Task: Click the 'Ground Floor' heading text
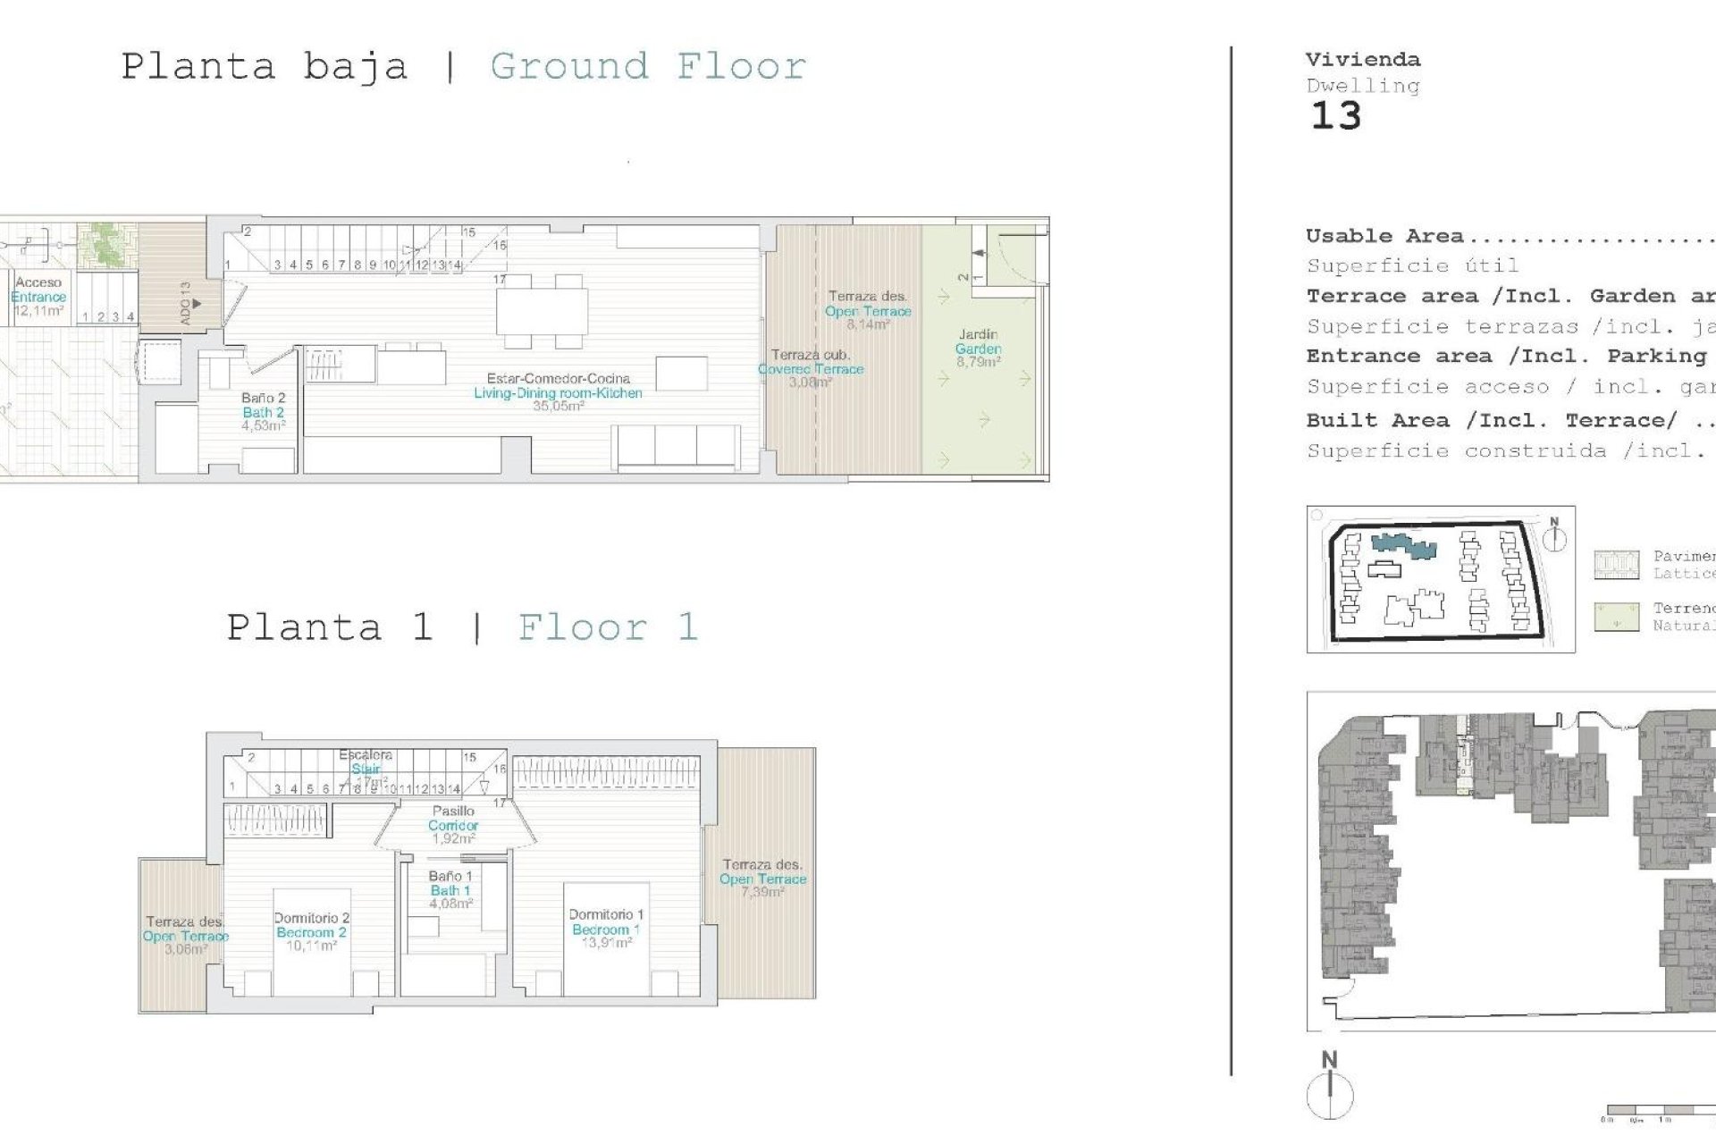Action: tap(648, 67)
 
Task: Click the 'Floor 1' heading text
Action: tap(608, 627)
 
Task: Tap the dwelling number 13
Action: tap(1335, 117)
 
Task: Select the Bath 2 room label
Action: tap(263, 412)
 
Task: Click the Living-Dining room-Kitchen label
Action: tap(558, 392)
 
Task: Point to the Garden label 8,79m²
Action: tap(978, 349)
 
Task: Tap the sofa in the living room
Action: tap(677, 446)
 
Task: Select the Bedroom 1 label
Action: tap(606, 929)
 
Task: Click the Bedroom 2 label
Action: tap(311, 932)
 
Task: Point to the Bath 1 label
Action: tap(450, 890)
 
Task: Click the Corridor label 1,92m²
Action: tap(453, 825)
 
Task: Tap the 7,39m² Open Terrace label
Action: tap(762, 879)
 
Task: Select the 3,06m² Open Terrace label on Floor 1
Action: tap(186, 936)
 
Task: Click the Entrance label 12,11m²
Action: tap(38, 297)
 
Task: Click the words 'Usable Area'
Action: tap(1384, 237)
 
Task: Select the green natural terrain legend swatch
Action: tap(1616, 618)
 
